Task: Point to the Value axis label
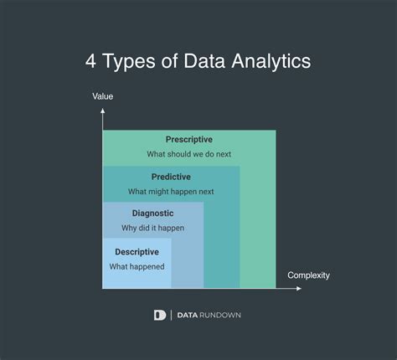click(x=103, y=97)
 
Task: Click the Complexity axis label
click(x=309, y=275)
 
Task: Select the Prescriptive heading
click(x=189, y=139)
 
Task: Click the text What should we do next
click(x=189, y=154)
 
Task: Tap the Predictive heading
click(x=171, y=177)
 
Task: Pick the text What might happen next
click(x=171, y=192)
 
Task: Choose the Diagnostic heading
click(x=152, y=213)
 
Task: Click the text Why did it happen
click(x=152, y=228)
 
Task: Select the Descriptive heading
click(x=137, y=251)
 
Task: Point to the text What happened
click(x=137, y=266)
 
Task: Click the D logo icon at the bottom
click(x=160, y=315)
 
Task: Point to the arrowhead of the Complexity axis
click(x=300, y=289)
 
